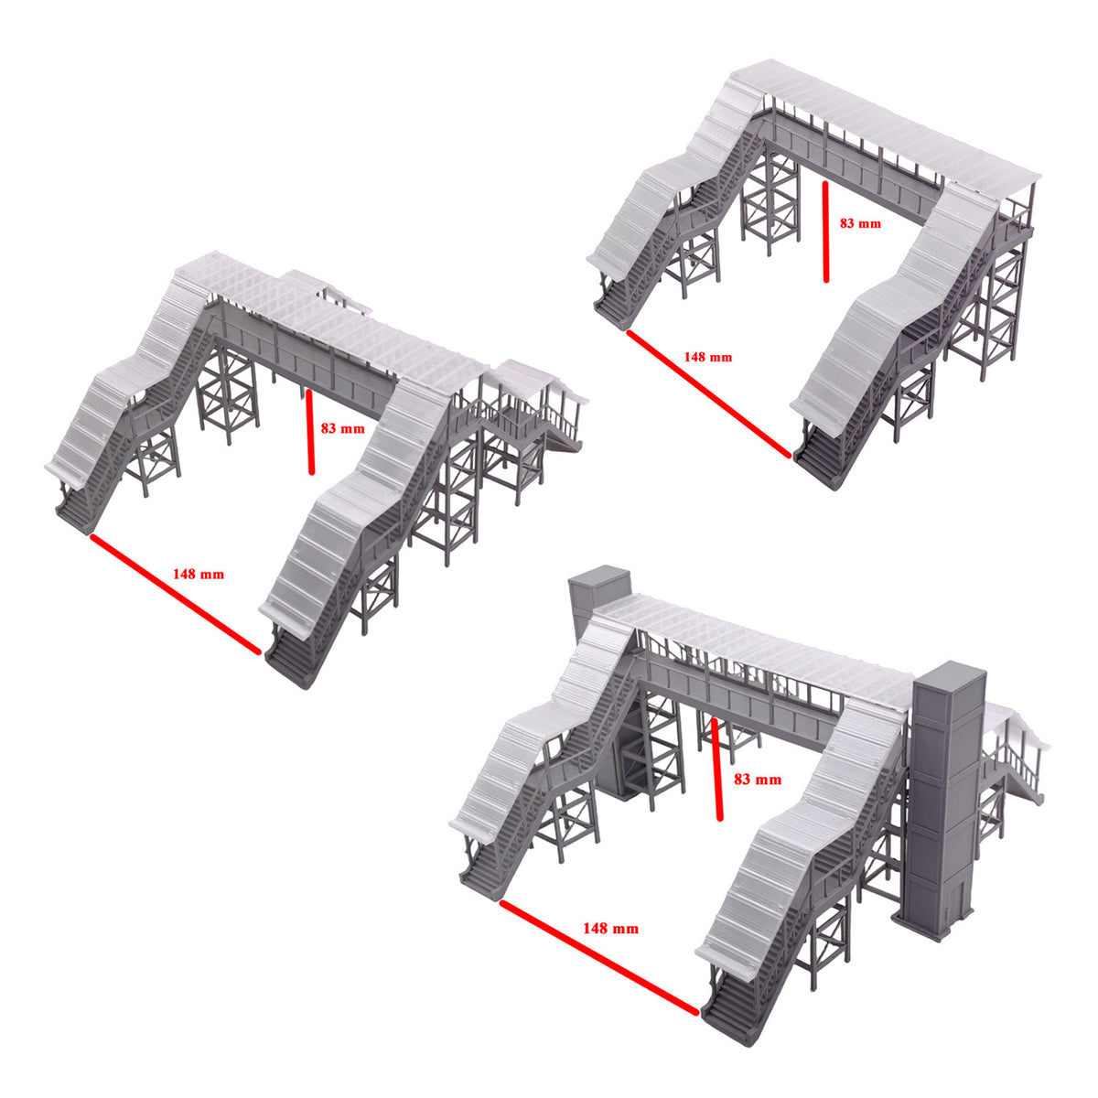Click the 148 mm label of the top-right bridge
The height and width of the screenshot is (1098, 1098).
click(707, 357)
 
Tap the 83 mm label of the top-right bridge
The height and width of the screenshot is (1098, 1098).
click(859, 222)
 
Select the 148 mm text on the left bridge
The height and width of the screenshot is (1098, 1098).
click(198, 575)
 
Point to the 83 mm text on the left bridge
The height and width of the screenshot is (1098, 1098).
click(342, 427)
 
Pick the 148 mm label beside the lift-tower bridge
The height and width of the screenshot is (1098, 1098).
click(610, 928)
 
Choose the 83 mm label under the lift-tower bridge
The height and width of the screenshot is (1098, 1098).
click(758, 779)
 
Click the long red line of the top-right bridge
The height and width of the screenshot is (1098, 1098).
click(709, 393)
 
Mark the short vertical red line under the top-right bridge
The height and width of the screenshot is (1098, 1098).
click(826, 232)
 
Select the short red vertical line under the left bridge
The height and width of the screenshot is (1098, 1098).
click(310, 432)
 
